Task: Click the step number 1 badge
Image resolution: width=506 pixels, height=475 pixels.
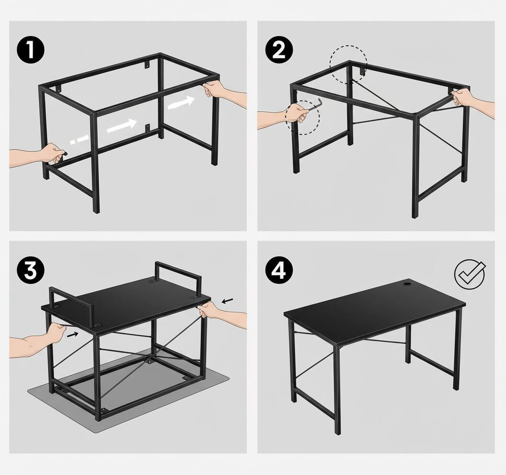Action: click(x=30, y=51)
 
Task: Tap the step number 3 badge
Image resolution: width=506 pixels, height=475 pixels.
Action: click(x=30, y=271)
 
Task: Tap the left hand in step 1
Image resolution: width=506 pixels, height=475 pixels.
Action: click(x=50, y=154)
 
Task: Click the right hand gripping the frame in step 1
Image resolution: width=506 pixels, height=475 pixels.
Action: click(x=216, y=89)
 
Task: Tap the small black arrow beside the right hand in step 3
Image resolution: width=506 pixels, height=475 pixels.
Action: click(x=229, y=301)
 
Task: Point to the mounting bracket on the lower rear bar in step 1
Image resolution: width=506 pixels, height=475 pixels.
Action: click(x=147, y=127)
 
